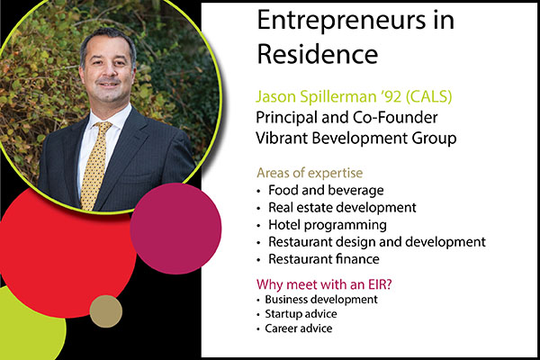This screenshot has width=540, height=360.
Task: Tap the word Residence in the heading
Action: coord(318,54)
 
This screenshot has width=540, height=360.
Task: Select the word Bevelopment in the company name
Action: coord(355,139)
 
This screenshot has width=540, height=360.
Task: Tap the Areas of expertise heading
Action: coord(310,173)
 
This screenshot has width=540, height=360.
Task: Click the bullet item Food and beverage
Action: coord(326,190)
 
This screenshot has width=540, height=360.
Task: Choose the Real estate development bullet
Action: coord(342,208)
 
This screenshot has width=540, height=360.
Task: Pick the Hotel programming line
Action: coord(328,225)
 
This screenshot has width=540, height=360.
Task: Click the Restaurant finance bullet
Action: coord(324,259)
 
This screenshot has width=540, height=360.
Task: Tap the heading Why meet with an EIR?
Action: coord(324,284)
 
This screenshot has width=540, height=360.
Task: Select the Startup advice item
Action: coord(301,314)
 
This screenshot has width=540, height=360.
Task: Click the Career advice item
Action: coord(298,328)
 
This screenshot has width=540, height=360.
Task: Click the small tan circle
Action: coord(106,311)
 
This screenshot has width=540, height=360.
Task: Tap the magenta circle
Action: coord(175,229)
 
